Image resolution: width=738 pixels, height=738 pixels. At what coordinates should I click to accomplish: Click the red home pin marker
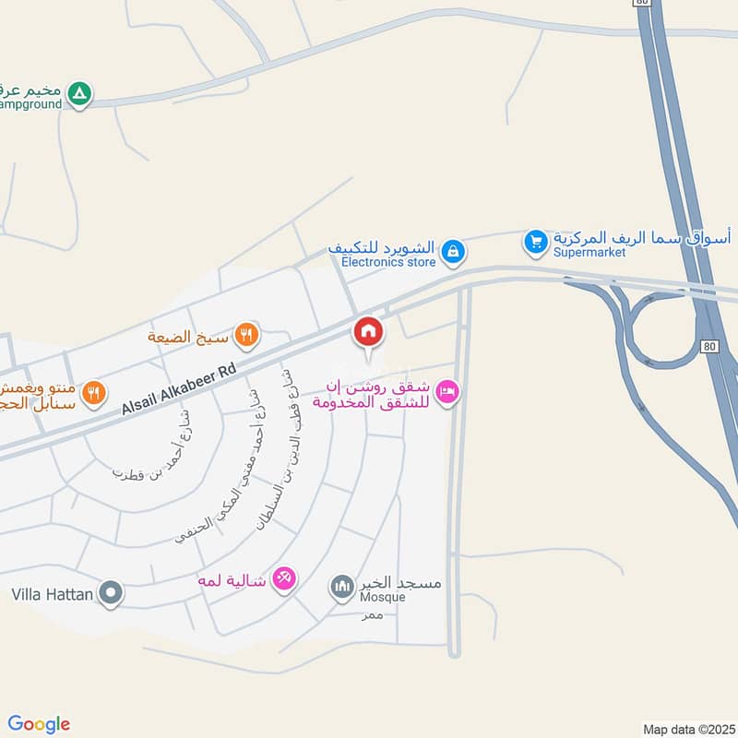click(367, 331)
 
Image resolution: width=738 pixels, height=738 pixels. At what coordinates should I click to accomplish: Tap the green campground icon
click(80, 93)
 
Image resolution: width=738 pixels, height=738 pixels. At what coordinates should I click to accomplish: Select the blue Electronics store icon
click(452, 250)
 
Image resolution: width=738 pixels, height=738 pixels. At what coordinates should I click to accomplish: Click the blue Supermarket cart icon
click(535, 243)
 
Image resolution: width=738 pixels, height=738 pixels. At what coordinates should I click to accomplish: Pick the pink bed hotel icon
click(447, 392)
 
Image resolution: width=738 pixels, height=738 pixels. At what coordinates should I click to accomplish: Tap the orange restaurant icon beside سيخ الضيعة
click(245, 334)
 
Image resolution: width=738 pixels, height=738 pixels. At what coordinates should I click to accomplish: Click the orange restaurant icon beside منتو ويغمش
click(93, 394)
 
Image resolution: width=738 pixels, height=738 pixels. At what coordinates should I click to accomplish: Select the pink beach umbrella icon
click(285, 578)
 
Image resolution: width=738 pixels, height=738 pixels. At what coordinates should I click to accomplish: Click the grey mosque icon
click(342, 586)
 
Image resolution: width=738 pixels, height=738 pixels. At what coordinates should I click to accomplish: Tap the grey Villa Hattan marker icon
click(111, 593)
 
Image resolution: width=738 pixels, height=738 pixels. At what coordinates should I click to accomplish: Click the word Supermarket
click(589, 252)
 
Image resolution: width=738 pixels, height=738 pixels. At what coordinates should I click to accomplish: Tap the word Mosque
click(383, 597)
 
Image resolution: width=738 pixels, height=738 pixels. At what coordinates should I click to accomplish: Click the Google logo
click(39, 724)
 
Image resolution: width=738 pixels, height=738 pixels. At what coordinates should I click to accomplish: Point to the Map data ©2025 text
click(687, 729)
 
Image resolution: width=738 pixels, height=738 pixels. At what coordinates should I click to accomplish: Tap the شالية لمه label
click(232, 580)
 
